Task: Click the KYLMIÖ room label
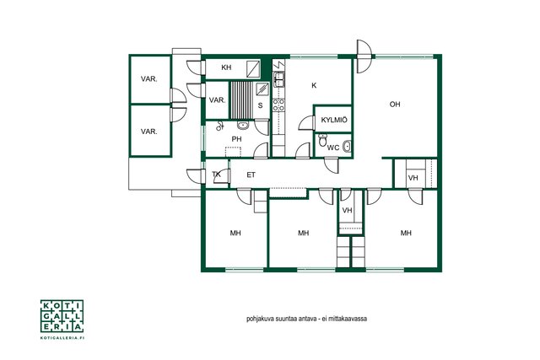pyautogui.click(x=334, y=120)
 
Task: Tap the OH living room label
pyautogui.click(x=395, y=105)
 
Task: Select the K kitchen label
pyautogui.click(x=314, y=85)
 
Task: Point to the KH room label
pyautogui.click(x=226, y=67)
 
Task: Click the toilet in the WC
pyautogui.click(x=322, y=140)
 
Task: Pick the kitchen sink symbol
pyautogui.click(x=278, y=80)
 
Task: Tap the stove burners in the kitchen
pyautogui.click(x=278, y=105)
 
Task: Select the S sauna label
pyautogui.click(x=260, y=105)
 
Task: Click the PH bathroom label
pyautogui.click(x=236, y=139)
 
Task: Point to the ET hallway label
pyautogui.click(x=251, y=175)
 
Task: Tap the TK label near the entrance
pyautogui.click(x=216, y=175)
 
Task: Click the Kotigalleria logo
pyautogui.click(x=62, y=316)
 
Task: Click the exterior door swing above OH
pyautogui.click(x=364, y=56)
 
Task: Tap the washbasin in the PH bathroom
pyautogui.click(x=243, y=126)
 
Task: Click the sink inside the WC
pyautogui.click(x=347, y=147)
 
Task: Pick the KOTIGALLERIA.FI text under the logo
pyautogui.click(x=62, y=338)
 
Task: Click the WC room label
pyautogui.click(x=333, y=148)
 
